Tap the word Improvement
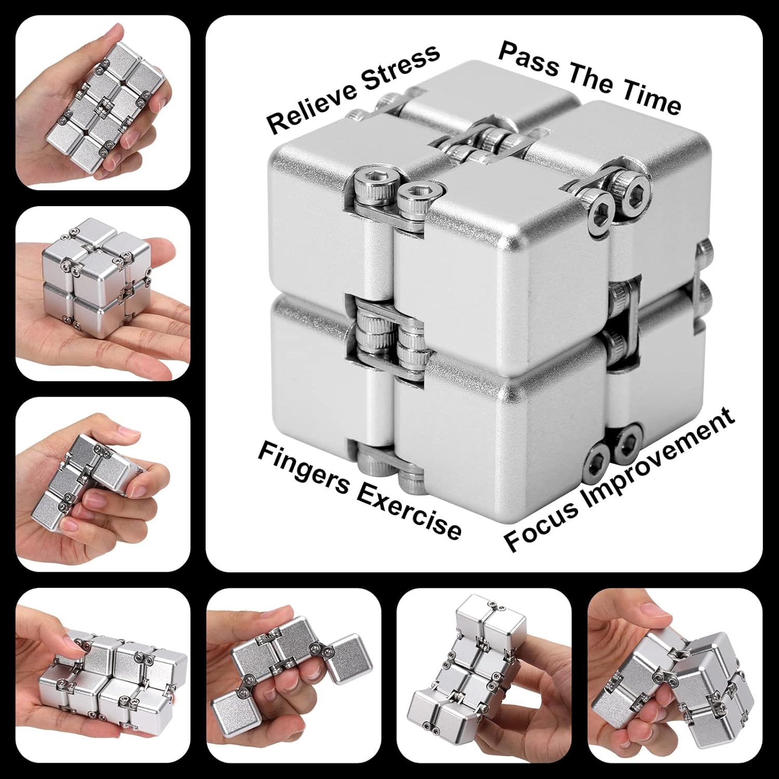660,457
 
